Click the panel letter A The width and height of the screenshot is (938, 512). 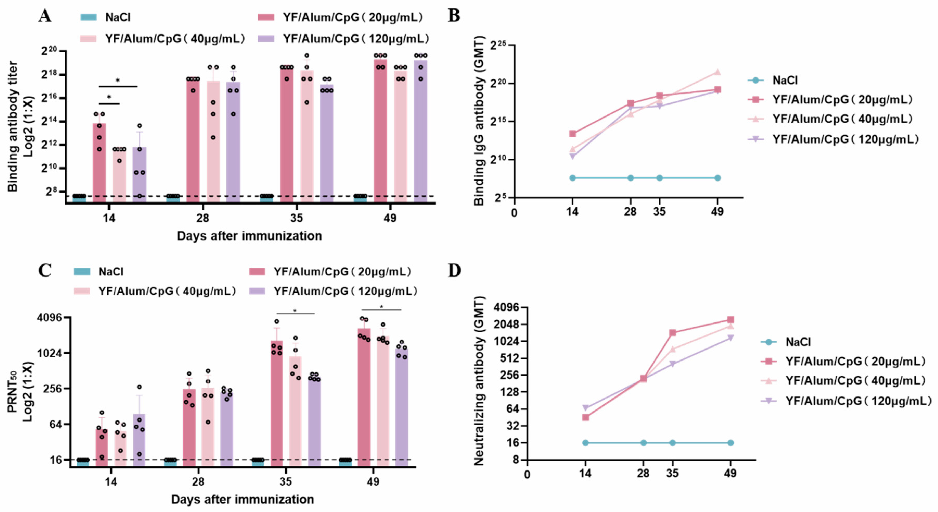coord(45,16)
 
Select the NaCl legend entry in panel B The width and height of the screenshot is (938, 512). coord(784,80)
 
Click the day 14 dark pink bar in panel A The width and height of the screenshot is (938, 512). coord(99,164)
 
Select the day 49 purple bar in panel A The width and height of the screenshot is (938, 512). coord(421,131)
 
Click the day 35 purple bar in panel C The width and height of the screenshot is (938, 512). coord(314,422)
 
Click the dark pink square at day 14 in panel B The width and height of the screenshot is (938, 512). coord(572,134)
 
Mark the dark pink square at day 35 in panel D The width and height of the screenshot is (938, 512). coord(673,333)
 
